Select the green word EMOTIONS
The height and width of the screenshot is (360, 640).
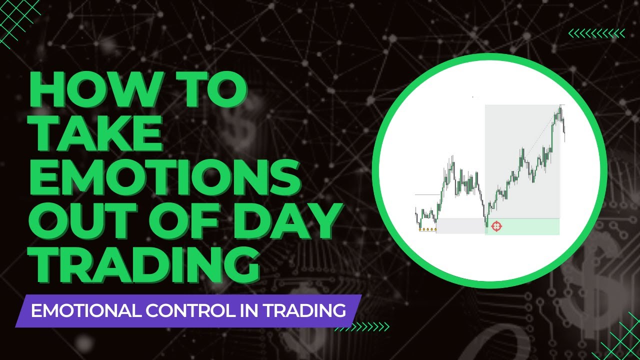(165, 176)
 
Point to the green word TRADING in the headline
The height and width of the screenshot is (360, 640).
(145, 264)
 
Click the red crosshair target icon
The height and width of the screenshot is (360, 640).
(496, 226)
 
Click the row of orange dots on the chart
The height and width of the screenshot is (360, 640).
(427, 229)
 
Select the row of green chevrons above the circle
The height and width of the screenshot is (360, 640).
(596, 33)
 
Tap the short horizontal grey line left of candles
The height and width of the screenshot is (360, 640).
(426, 194)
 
